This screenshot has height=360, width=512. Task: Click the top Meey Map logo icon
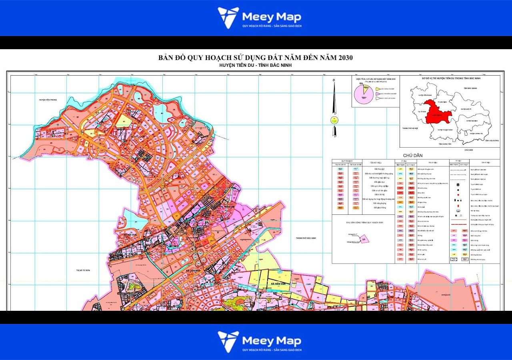(228, 18)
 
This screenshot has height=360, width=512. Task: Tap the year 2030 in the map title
(344, 58)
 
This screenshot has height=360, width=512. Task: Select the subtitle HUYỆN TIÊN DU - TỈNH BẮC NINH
(256, 65)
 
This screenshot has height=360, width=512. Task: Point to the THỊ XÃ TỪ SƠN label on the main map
(83, 270)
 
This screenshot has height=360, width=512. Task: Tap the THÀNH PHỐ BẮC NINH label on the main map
(306, 238)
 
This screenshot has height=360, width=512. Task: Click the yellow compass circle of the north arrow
(334, 120)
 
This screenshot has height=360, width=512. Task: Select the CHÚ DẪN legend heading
(413, 155)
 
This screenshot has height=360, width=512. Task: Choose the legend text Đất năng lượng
(378, 203)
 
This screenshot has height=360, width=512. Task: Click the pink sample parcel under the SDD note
(364, 239)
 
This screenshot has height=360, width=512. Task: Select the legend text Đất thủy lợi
(378, 169)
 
